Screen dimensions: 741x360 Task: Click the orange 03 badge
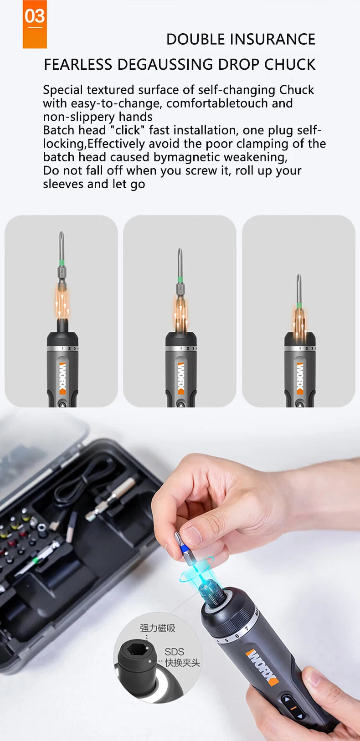35,24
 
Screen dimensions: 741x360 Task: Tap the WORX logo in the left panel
62,378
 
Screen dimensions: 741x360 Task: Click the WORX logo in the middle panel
181,378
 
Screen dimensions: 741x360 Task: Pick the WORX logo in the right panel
300,378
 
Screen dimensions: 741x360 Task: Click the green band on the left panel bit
62,262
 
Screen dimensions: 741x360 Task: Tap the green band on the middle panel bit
180,279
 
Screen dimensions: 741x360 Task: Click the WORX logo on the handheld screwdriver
262,668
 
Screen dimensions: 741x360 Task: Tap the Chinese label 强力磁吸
157,628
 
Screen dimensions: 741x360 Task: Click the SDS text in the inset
174,652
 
